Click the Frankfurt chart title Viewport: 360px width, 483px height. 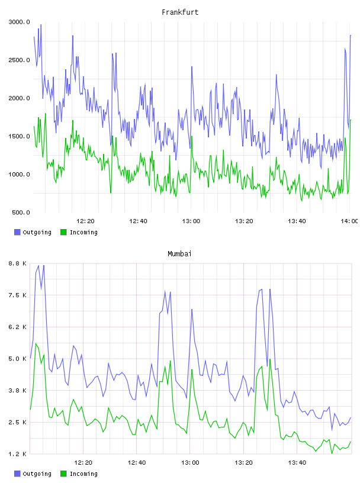[x=180, y=12]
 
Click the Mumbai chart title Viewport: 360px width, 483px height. [x=179, y=253]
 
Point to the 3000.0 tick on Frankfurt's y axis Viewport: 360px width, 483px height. [x=20, y=22]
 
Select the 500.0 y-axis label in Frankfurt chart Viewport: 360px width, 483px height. [x=21, y=212]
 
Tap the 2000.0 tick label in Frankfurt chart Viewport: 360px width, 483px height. [x=20, y=98]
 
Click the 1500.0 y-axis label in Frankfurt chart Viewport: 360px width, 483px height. [x=20, y=136]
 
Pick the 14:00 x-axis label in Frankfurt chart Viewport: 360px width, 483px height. [x=349, y=221]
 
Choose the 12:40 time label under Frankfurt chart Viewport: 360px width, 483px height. [x=138, y=221]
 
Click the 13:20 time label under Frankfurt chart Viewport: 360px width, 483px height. [x=244, y=221]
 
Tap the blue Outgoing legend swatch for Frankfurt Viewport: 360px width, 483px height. [x=17, y=232]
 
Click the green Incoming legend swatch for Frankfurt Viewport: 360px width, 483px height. [x=63, y=232]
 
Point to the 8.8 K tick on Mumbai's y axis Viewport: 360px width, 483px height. [x=18, y=263]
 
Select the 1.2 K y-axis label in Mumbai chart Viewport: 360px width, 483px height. [x=18, y=454]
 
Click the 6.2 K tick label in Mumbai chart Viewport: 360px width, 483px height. [x=18, y=327]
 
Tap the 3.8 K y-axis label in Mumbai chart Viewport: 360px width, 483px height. [x=18, y=390]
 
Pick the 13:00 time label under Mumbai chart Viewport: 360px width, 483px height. [x=190, y=462]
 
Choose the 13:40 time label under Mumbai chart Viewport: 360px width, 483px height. [x=297, y=462]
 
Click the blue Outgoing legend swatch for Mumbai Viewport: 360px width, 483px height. [x=17, y=474]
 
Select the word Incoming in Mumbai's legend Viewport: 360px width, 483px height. [x=83, y=474]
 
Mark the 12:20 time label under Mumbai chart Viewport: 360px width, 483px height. [x=83, y=462]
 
